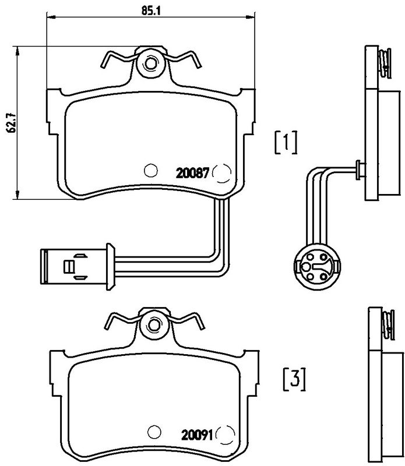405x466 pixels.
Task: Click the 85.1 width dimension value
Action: (151, 11)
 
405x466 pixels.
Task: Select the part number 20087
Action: (193, 173)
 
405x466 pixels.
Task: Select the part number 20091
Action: (197, 436)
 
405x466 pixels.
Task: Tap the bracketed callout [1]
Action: (286, 142)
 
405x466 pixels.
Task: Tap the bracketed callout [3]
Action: (294, 380)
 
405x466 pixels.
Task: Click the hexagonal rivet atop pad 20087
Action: (150, 63)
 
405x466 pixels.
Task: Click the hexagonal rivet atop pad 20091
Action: (154, 324)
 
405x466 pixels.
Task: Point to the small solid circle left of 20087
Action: (150, 171)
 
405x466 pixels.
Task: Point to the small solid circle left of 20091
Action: (154, 432)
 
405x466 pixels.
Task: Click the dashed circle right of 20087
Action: (221, 173)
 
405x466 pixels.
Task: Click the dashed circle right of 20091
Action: (225, 435)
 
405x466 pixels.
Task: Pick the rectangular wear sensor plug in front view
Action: (74, 267)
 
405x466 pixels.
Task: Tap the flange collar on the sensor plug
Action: (110, 267)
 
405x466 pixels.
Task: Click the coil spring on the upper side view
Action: (385, 63)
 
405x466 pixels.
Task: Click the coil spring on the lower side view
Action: (388, 325)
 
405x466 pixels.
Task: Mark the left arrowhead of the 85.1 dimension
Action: (51, 17)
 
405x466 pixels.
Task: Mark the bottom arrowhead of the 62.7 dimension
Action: (18, 195)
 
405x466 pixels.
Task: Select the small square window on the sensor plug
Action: (68, 267)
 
